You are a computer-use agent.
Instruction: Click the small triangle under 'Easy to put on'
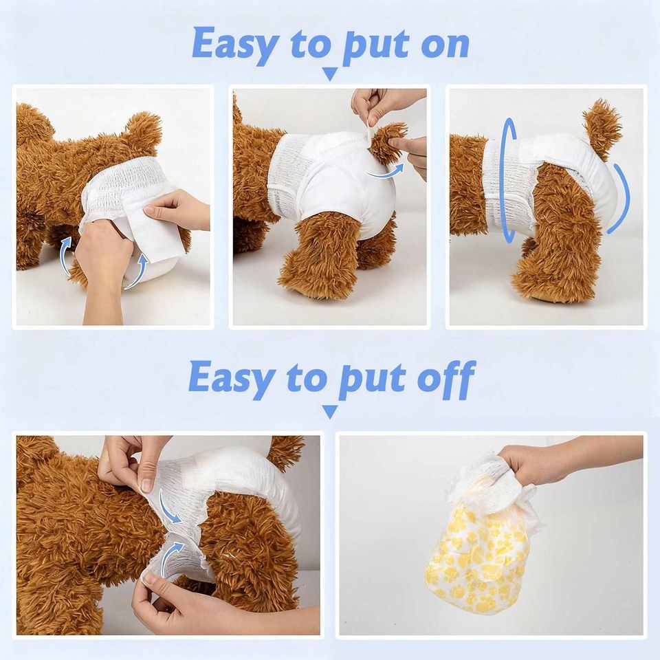331,74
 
